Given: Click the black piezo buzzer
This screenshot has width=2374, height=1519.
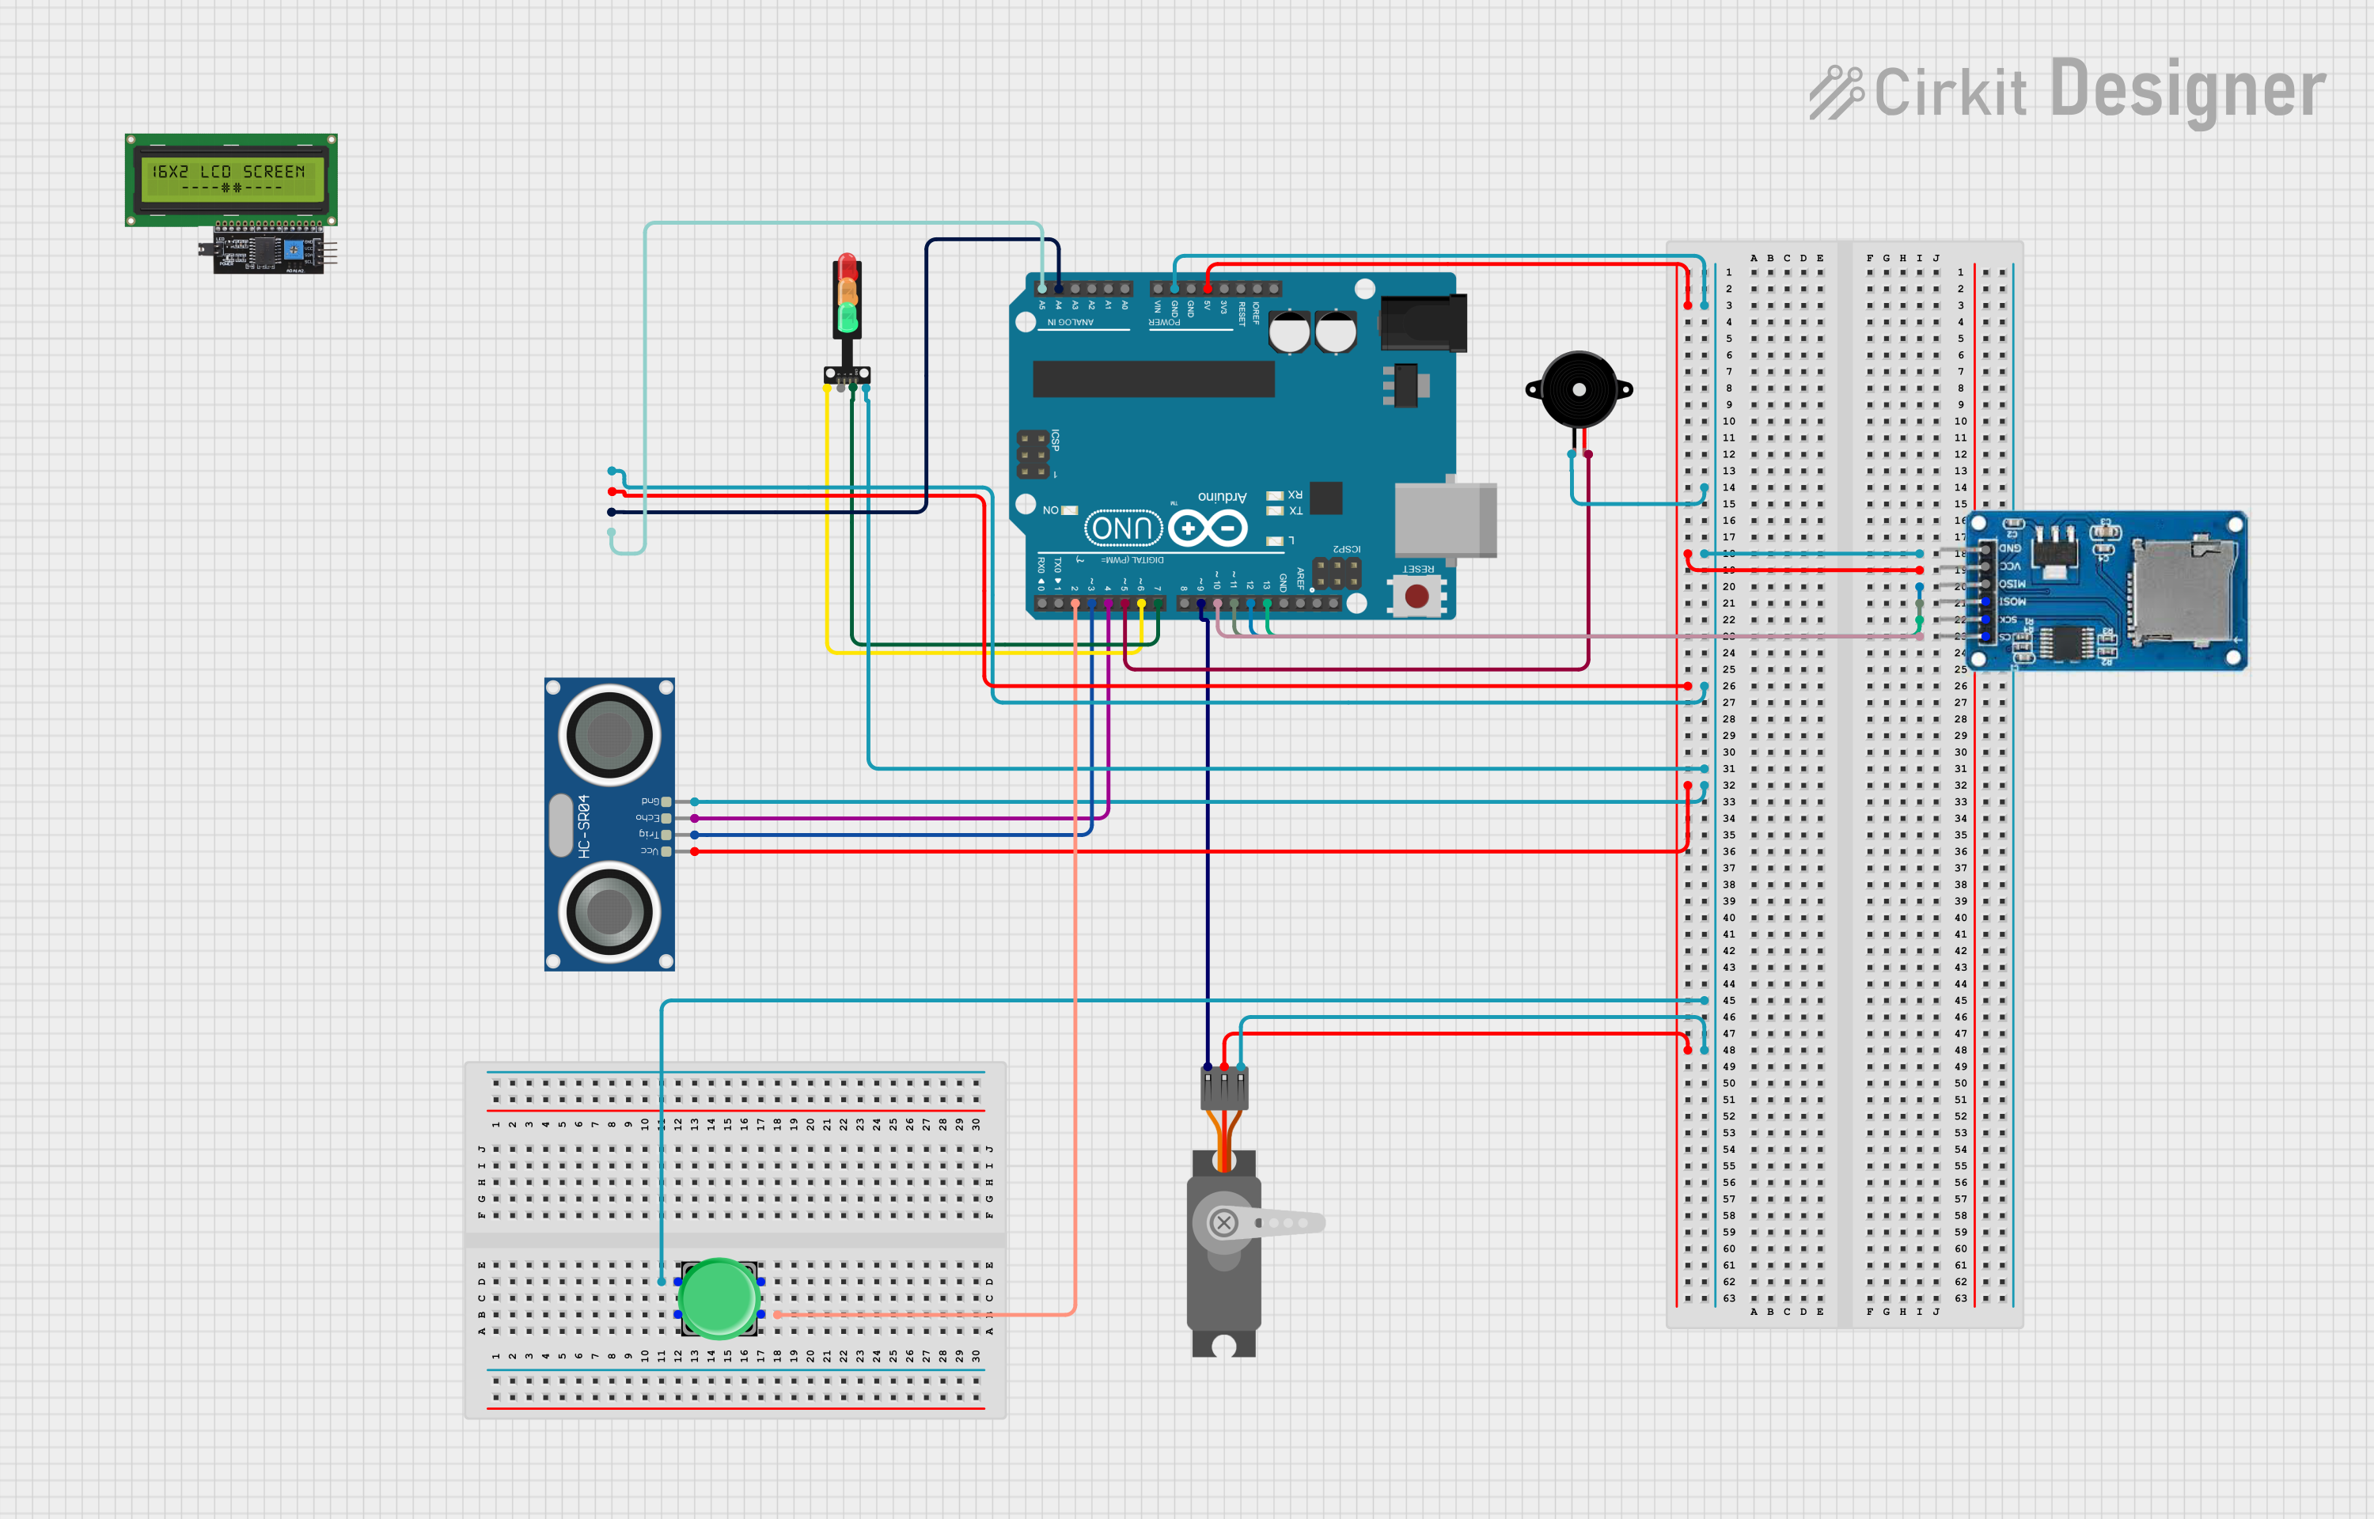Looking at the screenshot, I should [x=1578, y=389].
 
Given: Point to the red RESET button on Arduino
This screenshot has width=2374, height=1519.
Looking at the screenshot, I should [x=1416, y=596].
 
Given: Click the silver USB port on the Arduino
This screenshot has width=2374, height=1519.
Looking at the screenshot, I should [x=1445, y=520].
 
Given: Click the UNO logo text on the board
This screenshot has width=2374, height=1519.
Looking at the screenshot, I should [x=1124, y=528].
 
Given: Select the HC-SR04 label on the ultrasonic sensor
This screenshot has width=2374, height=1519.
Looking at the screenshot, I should [x=584, y=826].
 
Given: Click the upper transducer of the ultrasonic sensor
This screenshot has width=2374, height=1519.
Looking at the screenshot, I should [x=609, y=735].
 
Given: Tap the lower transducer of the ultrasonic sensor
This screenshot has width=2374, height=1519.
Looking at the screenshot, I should [x=609, y=912].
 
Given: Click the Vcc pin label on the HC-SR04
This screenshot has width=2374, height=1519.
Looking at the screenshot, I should [x=649, y=850].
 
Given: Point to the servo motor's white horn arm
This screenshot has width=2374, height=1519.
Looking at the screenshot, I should [x=1282, y=1223].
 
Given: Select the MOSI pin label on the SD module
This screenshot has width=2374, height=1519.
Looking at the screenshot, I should [x=2012, y=600].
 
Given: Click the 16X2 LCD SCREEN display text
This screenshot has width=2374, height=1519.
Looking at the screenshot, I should [x=229, y=172].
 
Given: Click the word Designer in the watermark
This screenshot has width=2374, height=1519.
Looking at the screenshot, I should [x=2186, y=91].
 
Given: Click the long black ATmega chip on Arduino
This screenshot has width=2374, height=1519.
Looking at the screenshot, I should [x=1153, y=379].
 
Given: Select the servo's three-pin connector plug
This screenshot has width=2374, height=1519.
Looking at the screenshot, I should [x=1224, y=1089].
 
